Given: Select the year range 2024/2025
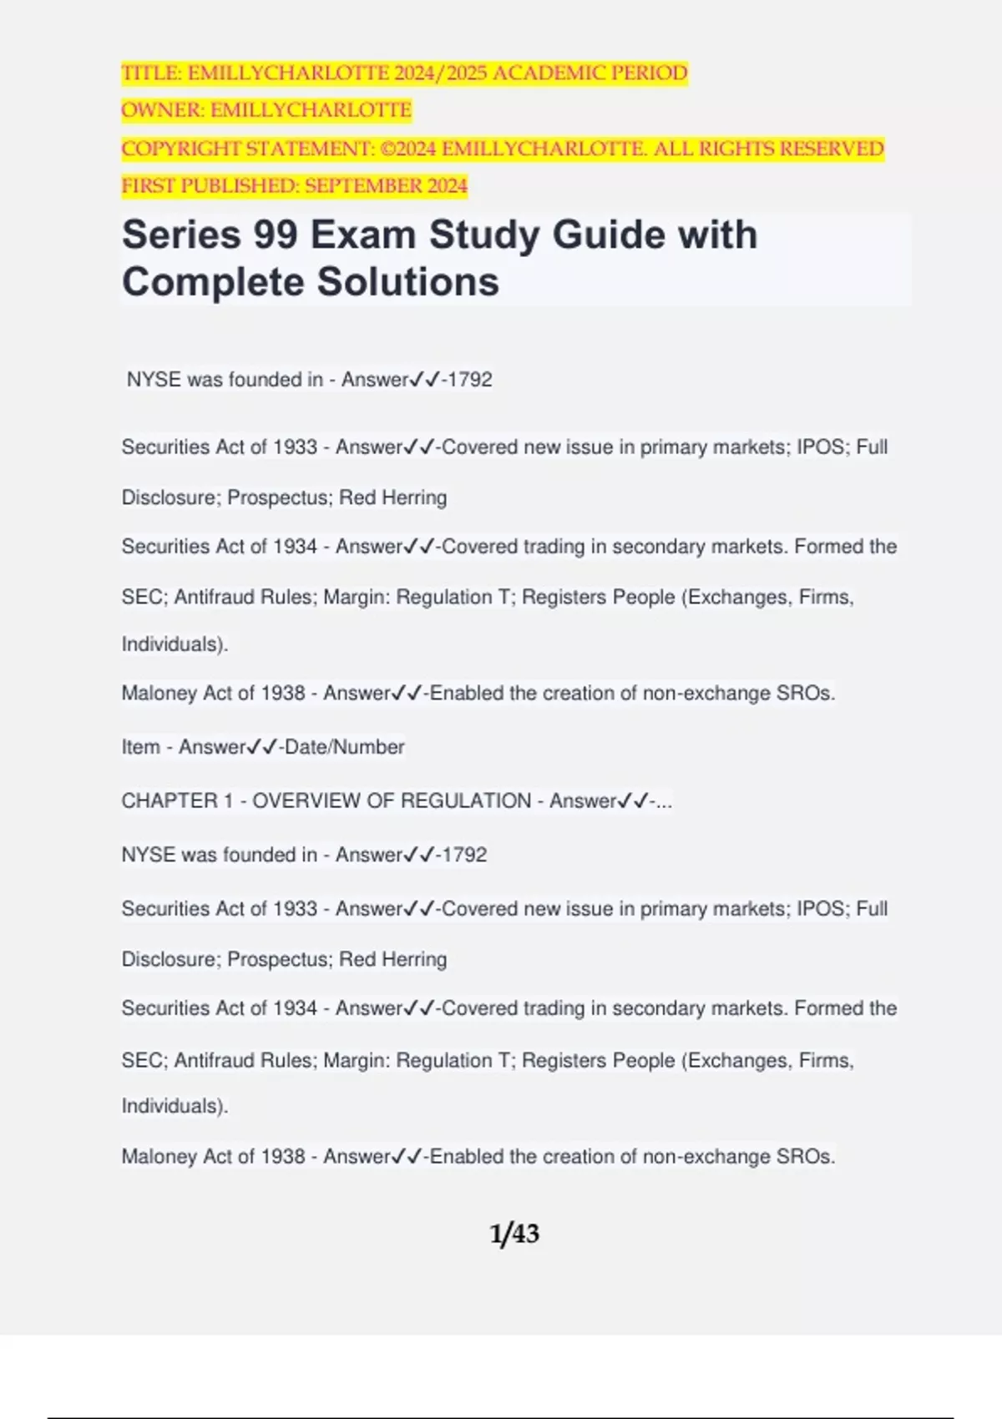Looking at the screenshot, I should (440, 73).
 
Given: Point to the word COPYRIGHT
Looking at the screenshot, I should (180, 149).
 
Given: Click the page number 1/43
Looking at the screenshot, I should (514, 1234).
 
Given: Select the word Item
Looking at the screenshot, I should (140, 747).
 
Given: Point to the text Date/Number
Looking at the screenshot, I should (344, 747).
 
